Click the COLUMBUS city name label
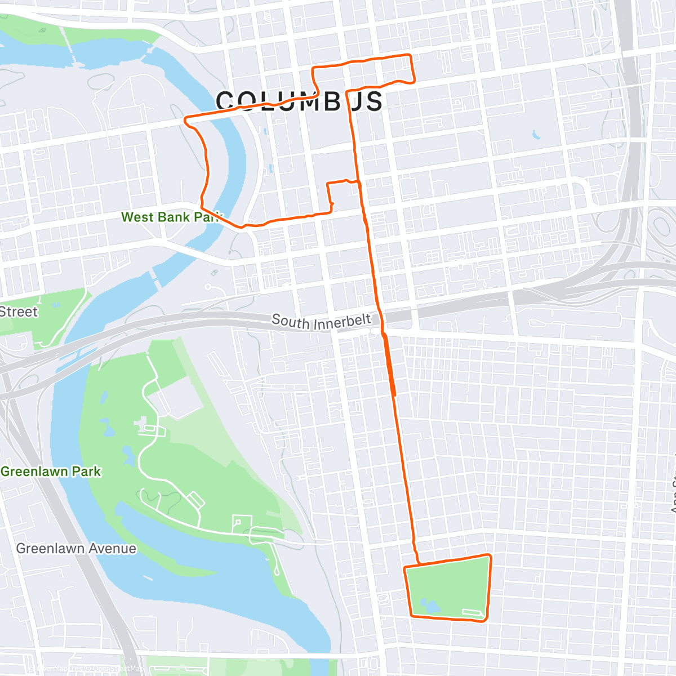pos(299,101)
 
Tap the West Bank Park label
pos(171,217)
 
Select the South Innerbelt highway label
pos(321,322)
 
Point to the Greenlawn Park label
pos(51,472)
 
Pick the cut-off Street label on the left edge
pos(19,312)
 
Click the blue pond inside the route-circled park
pos(428,607)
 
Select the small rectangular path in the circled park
pos(472,612)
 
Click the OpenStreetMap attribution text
pos(113,669)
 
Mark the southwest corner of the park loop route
pos(412,616)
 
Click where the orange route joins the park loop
pos(419,563)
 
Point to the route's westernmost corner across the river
pos(186,119)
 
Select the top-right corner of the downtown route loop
pos(410,55)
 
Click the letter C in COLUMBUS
pos(225,101)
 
